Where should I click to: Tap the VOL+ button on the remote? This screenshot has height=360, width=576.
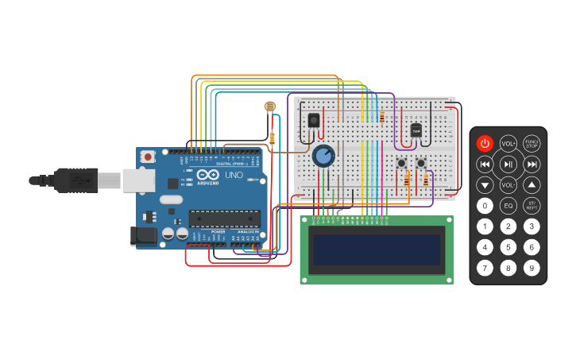pyautogui.click(x=508, y=143)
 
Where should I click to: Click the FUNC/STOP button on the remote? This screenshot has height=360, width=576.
pyautogui.click(x=532, y=143)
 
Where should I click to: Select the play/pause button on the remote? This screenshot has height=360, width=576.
pyautogui.click(x=508, y=165)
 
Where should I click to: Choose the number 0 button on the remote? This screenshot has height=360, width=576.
pyautogui.click(x=485, y=206)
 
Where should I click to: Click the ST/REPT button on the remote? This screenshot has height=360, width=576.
pyautogui.click(x=532, y=206)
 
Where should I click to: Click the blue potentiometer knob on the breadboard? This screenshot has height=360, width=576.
pyautogui.click(x=323, y=156)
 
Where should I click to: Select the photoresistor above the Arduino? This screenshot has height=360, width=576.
pyautogui.click(x=269, y=106)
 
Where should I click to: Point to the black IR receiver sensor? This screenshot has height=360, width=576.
pyautogui.click(x=313, y=120)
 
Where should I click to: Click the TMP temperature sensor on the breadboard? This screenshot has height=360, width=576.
pyautogui.click(x=416, y=131)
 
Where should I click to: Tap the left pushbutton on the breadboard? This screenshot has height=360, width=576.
pyautogui.click(x=402, y=164)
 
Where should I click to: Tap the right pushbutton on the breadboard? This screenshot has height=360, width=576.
pyautogui.click(x=421, y=164)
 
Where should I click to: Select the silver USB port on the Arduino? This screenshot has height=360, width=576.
pyautogui.click(x=138, y=180)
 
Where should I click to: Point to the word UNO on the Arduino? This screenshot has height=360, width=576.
pyautogui.click(x=234, y=175)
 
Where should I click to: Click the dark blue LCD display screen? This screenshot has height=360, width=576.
pyautogui.click(x=377, y=250)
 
